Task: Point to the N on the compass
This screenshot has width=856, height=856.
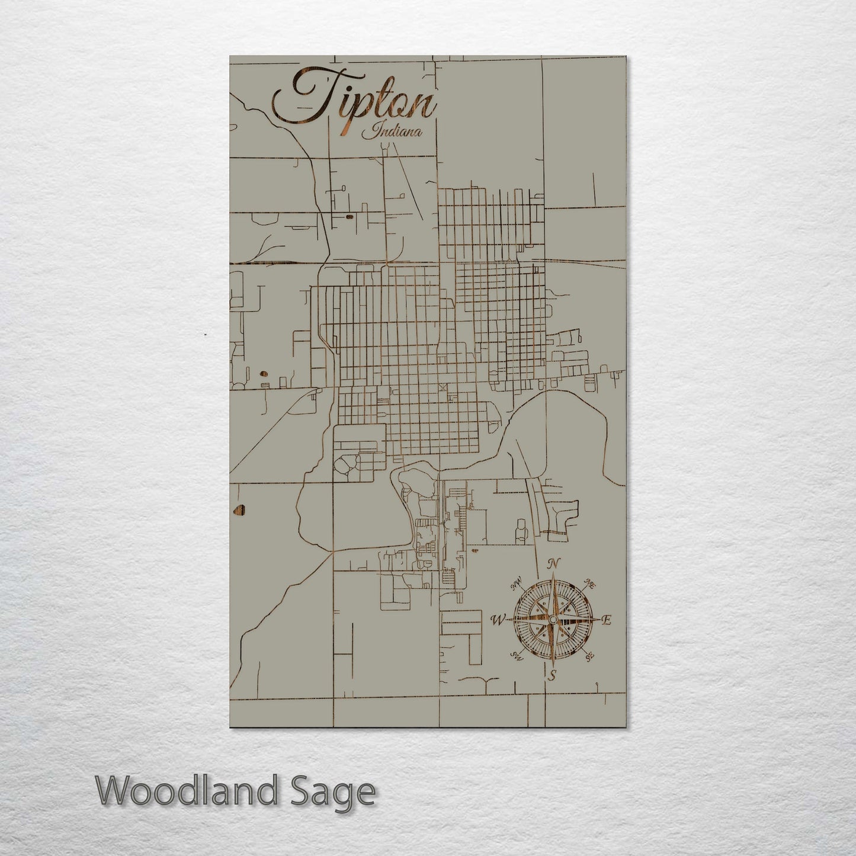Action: [553, 563]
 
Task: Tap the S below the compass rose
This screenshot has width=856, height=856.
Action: [552, 675]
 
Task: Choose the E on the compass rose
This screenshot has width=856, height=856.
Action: [606, 620]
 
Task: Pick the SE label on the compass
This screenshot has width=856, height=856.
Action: [589, 656]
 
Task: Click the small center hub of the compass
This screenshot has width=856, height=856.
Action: [553, 619]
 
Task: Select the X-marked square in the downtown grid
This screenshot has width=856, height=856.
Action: [442, 387]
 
